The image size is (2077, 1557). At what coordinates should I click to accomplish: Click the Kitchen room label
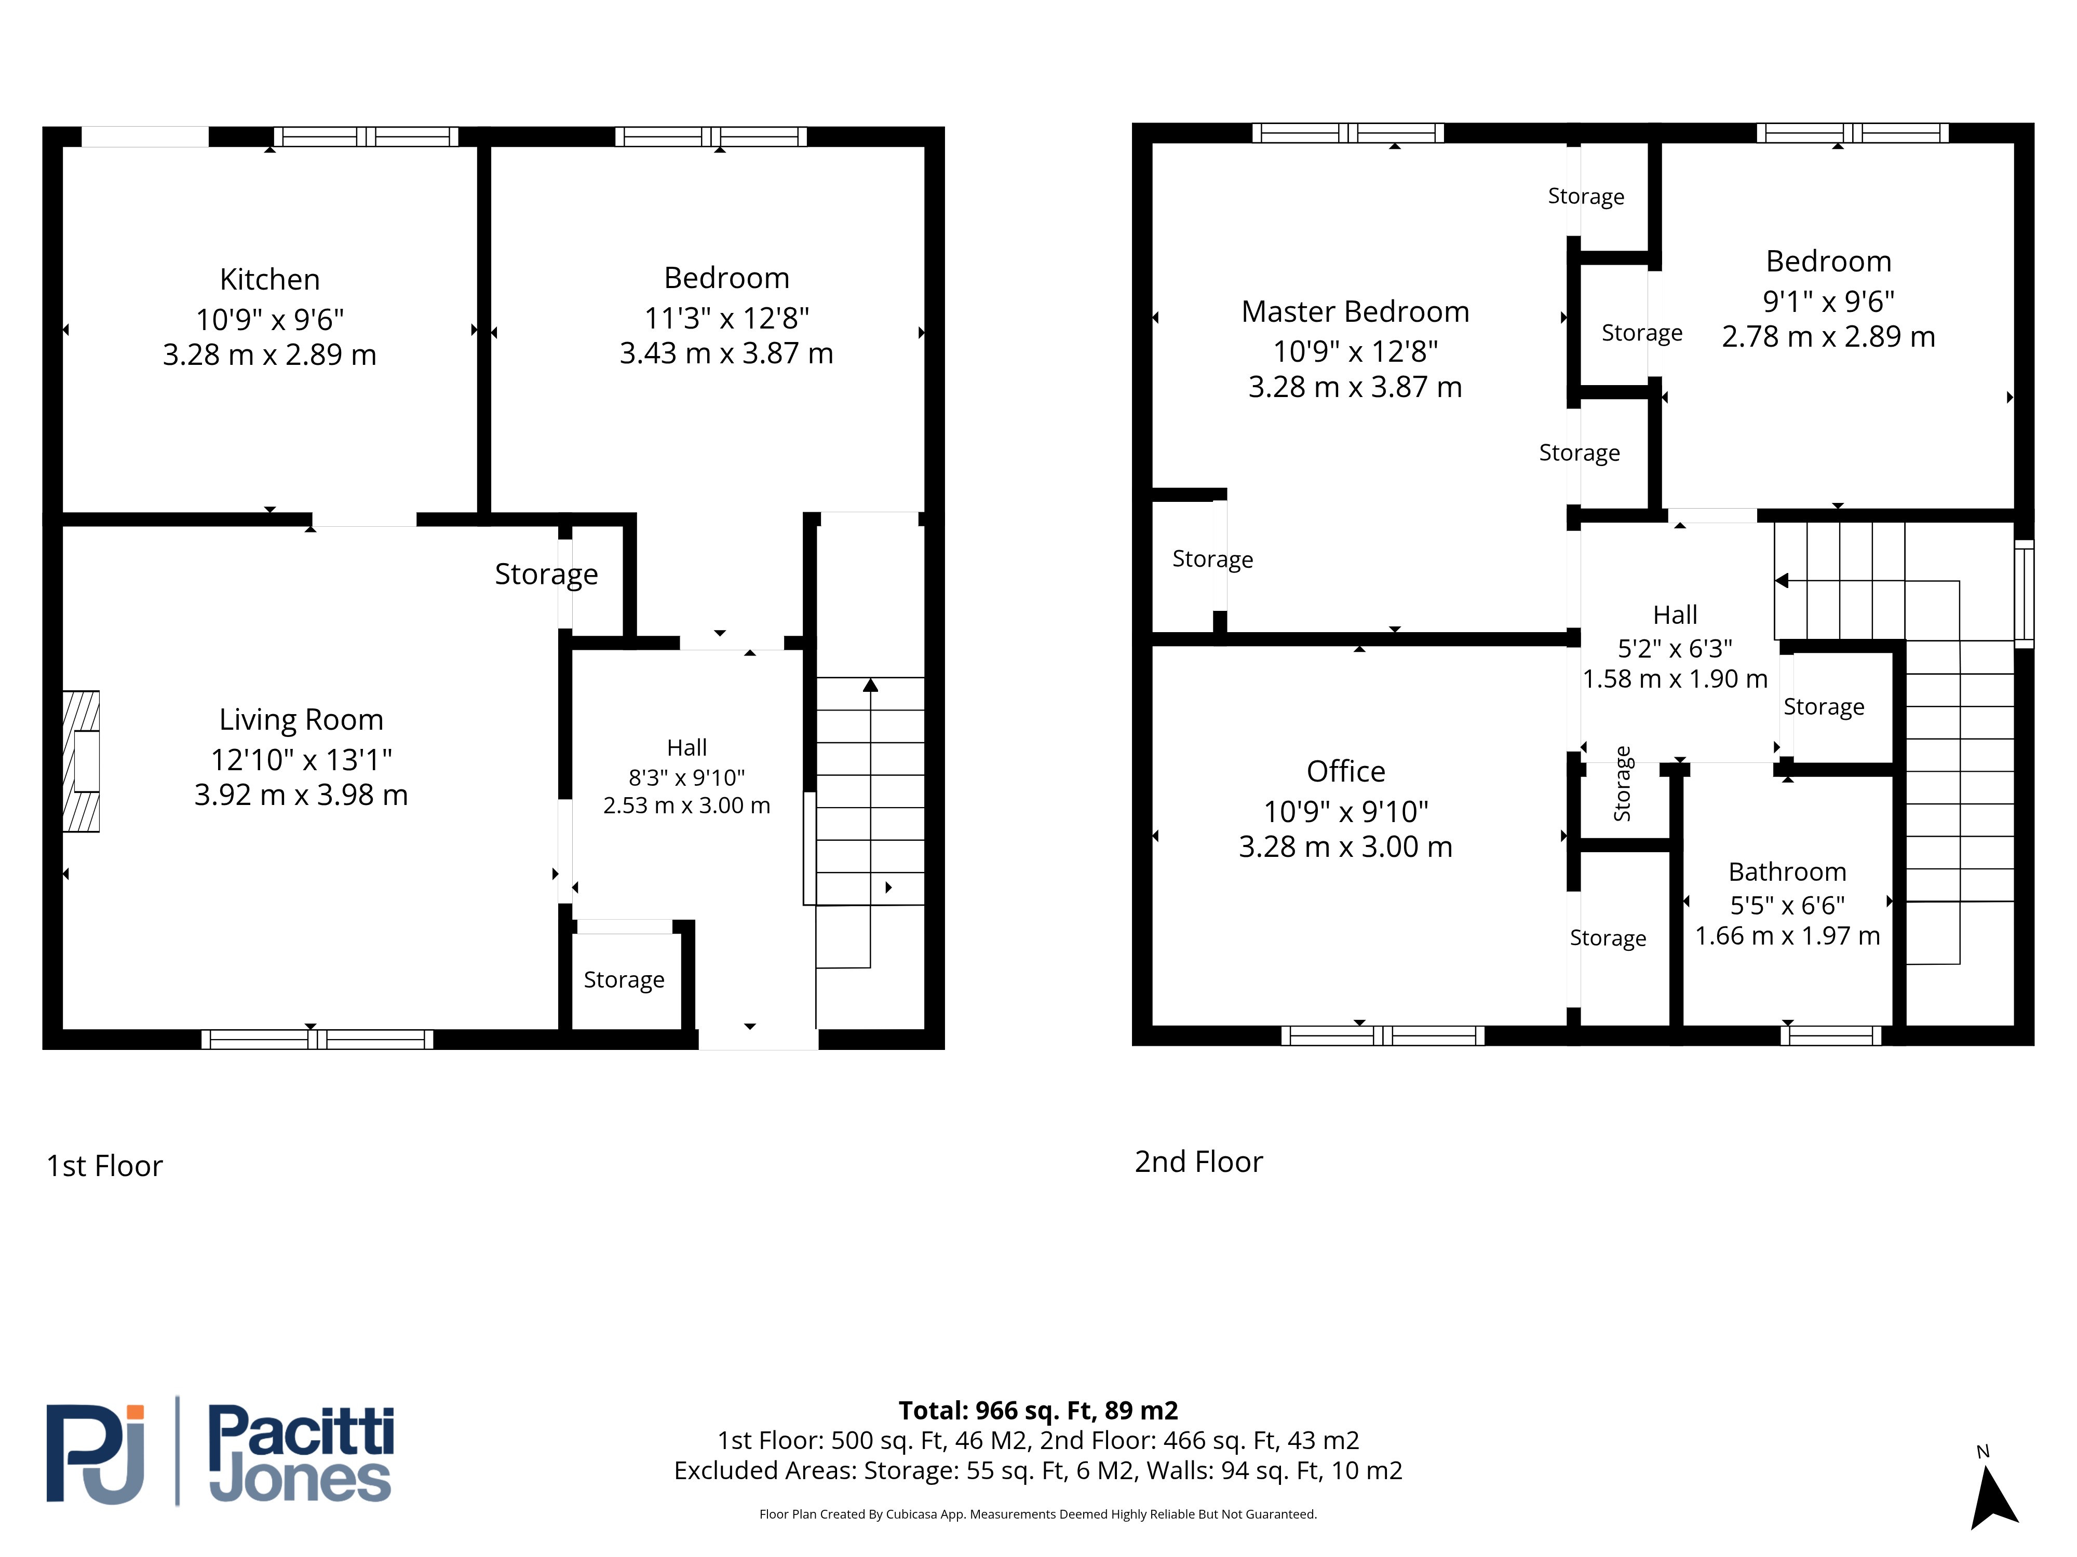269,280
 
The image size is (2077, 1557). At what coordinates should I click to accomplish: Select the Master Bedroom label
1355,311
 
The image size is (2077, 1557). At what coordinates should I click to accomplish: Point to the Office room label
1345,771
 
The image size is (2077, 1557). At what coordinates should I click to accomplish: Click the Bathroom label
1787,872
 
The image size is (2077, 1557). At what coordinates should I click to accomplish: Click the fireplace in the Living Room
81,762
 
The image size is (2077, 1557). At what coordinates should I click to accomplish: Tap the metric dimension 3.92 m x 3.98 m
301,795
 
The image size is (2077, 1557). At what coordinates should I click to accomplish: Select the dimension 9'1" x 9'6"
1828,301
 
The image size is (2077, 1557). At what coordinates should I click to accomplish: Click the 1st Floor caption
104,1166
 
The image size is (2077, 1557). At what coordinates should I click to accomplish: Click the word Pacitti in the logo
301,1431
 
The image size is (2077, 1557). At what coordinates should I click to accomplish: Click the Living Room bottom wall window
317,1039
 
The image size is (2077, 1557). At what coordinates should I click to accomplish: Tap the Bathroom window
1831,1036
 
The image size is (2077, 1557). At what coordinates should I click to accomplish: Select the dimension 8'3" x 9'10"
686,777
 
